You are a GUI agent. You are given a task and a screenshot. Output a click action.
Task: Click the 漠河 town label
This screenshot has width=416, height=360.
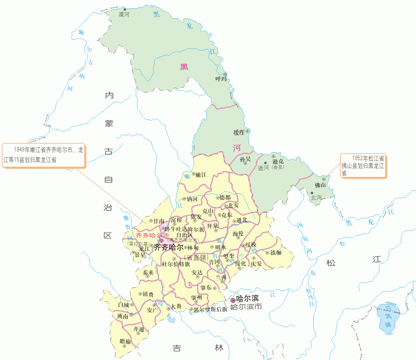click(x=124, y=15)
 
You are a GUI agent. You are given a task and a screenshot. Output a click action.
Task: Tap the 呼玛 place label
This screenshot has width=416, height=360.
click(x=221, y=79)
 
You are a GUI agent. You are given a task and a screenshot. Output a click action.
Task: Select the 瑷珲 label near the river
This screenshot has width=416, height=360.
click(x=239, y=132)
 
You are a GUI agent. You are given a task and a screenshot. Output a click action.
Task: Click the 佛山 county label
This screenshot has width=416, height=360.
click(x=320, y=185)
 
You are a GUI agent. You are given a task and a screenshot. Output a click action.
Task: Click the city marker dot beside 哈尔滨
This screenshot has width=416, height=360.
click(x=233, y=300)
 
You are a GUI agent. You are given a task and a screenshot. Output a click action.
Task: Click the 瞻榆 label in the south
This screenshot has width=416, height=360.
click(x=125, y=341)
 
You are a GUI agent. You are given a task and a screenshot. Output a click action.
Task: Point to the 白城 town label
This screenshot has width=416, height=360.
click(x=123, y=305)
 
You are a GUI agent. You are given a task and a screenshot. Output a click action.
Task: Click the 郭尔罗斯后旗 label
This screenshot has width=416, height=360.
click(x=210, y=309)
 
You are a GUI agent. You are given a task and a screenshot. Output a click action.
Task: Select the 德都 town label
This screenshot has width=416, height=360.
click(x=225, y=197)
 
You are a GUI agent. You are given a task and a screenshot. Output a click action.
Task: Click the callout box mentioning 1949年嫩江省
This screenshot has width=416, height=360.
click(x=44, y=155)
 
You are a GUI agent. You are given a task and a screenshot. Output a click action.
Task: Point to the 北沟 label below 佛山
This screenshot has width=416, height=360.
click(x=316, y=198)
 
